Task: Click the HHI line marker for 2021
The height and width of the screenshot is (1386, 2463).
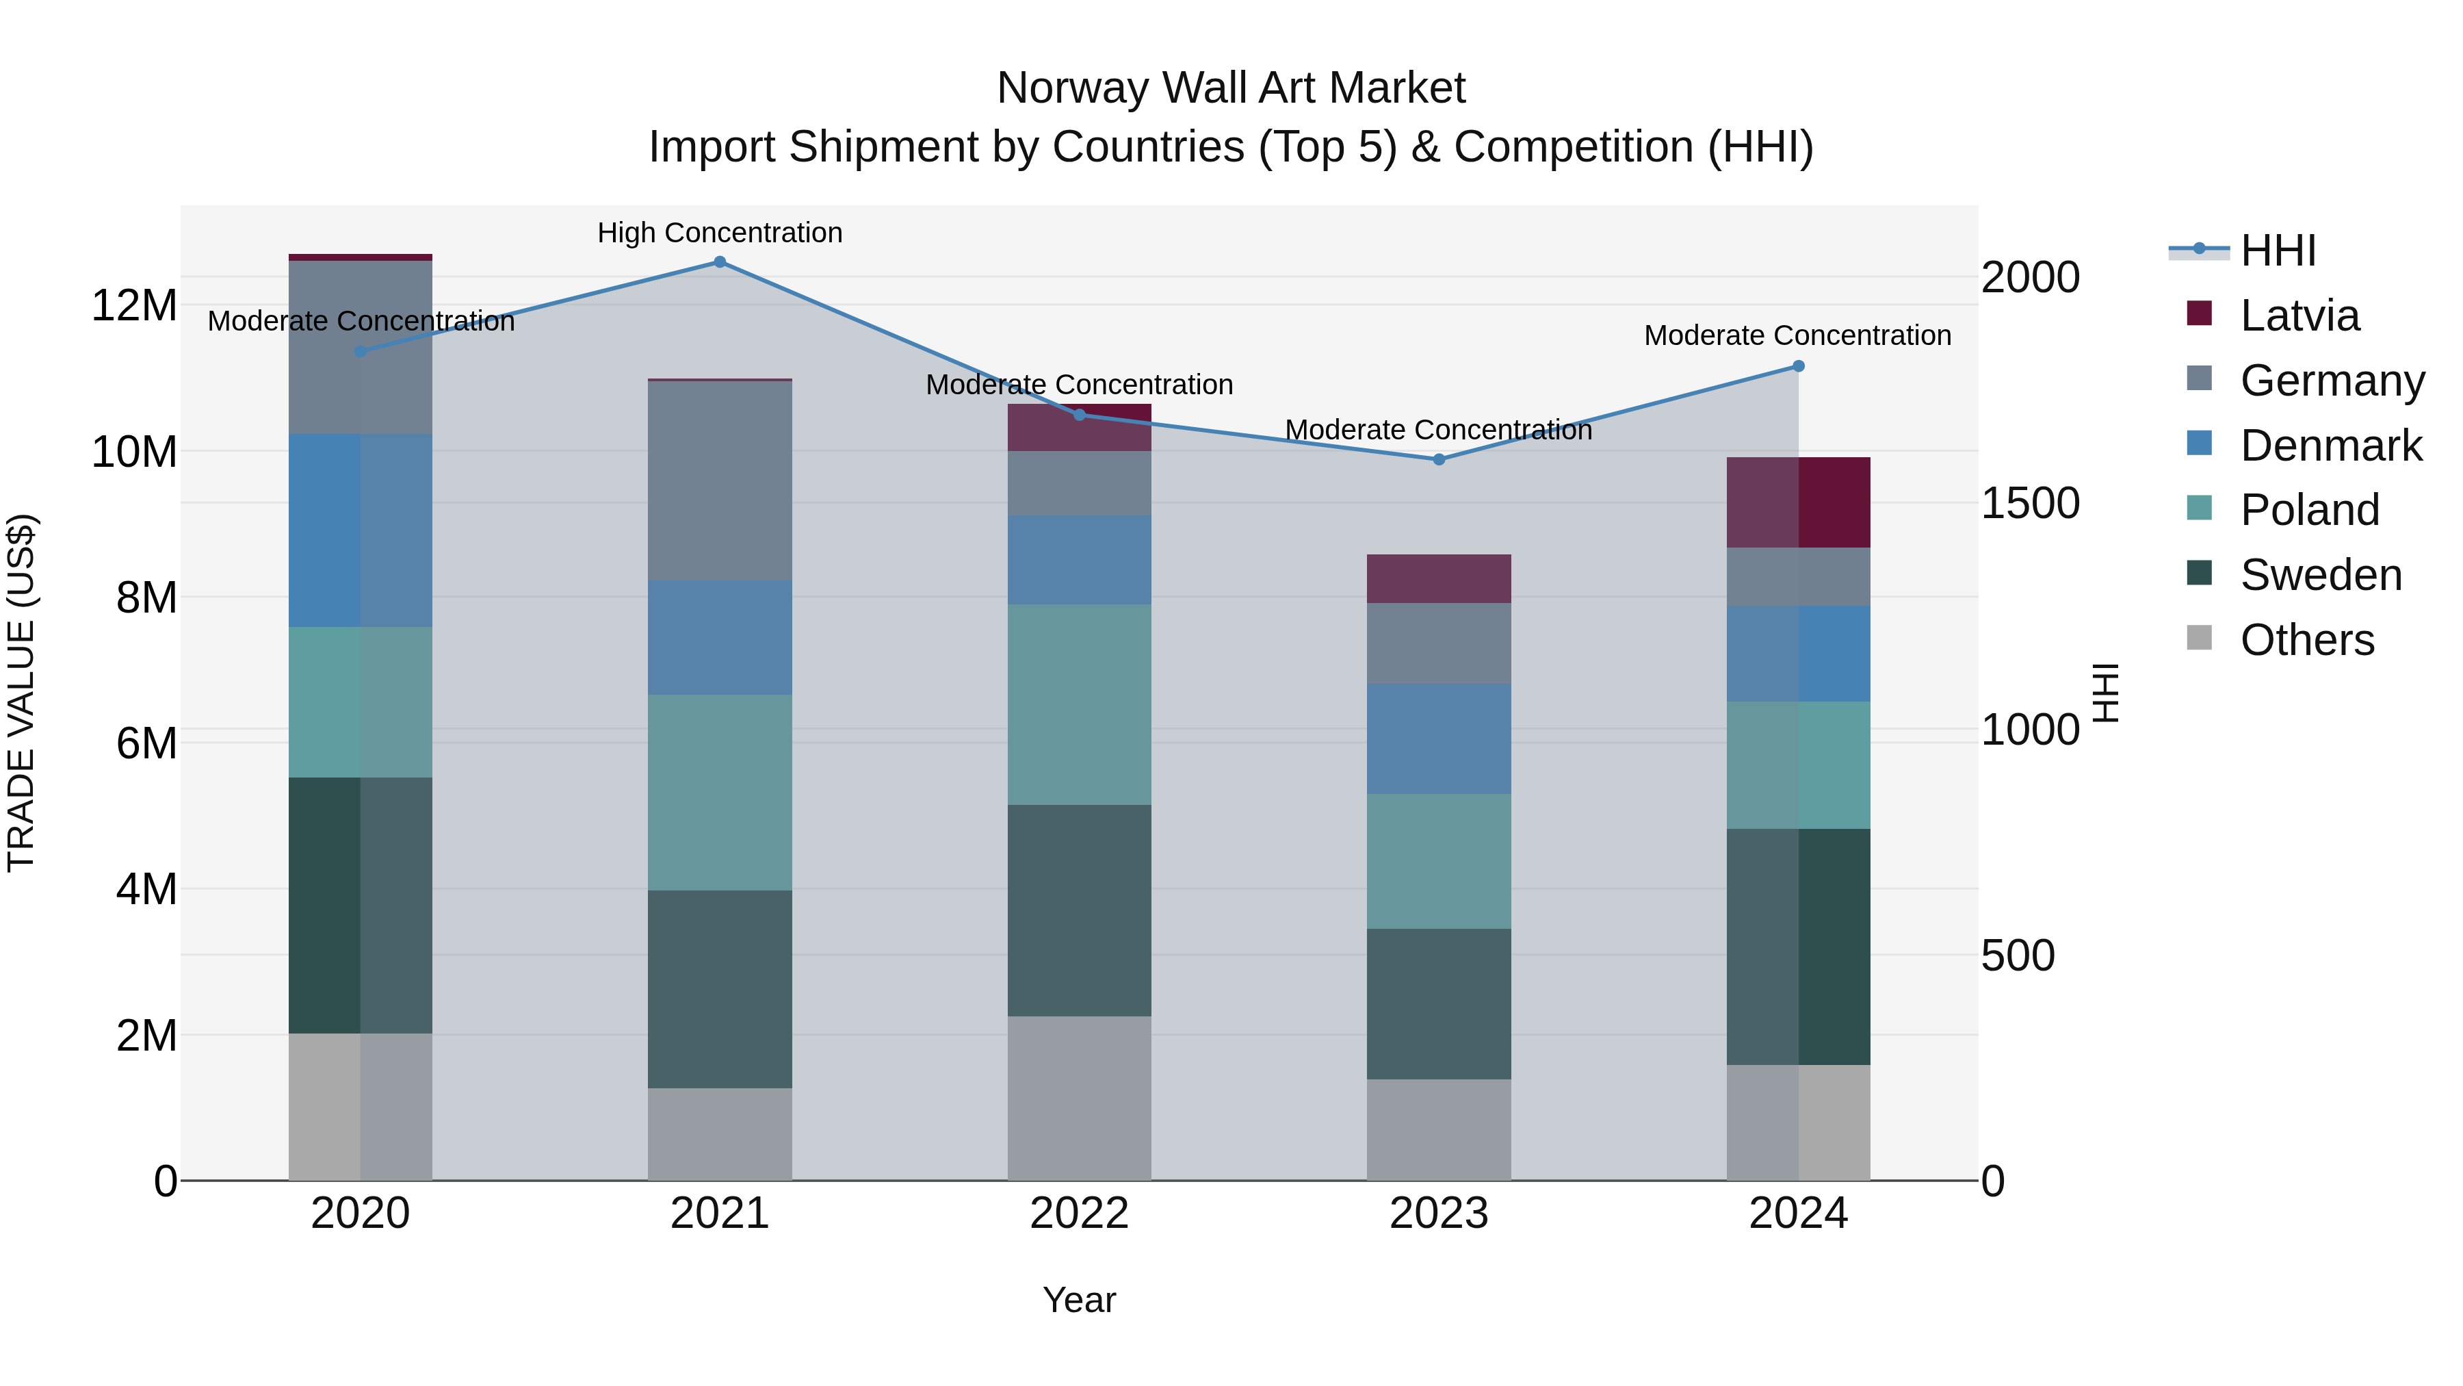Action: (720, 262)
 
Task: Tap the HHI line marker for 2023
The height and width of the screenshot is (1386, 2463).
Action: (1438, 459)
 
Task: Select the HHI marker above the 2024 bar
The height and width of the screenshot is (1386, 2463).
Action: (1797, 366)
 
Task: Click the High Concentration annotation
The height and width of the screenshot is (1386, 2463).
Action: (720, 233)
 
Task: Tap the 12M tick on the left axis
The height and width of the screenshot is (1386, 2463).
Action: (134, 306)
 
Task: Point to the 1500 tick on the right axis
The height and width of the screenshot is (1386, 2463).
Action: (2029, 503)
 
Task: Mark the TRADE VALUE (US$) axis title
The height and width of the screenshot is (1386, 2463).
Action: (21, 693)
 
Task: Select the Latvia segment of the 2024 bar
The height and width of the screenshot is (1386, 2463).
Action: (1797, 502)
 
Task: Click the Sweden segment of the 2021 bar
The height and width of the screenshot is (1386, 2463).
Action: (720, 989)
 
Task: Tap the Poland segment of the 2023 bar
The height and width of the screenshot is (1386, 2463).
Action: (1438, 861)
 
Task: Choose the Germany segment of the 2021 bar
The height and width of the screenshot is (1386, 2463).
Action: (720, 480)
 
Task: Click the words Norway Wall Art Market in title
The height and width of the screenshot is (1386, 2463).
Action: (1231, 88)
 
